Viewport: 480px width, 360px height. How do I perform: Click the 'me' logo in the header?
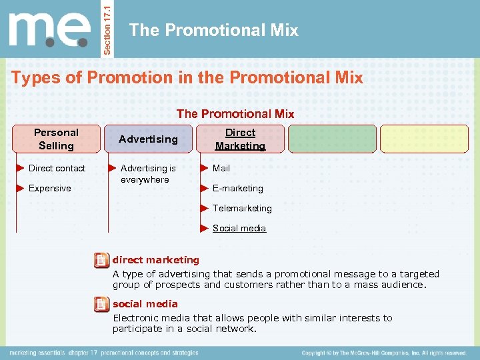click(x=50, y=29)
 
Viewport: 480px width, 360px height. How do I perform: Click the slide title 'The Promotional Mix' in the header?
click(x=213, y=30)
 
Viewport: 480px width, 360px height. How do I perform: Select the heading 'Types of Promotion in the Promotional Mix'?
click(x=187, y=77)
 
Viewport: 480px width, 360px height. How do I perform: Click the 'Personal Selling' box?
click(x=57, y=139)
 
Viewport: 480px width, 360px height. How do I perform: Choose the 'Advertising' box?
click(x=148, y=139)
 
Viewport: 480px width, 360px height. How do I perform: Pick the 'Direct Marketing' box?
click(x=240, y=139)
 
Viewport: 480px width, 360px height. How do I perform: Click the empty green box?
click(x=332, y=139)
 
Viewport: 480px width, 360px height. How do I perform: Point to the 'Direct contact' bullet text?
click(x=57, y=168)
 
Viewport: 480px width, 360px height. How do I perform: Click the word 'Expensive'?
click(x=49, y=188)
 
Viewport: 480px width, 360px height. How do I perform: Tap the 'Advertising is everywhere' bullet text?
click(x=148, y=174)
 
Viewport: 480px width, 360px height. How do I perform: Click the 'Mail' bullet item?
click(x=221, y=168)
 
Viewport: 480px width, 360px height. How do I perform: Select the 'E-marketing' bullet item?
click(x=237, y=188)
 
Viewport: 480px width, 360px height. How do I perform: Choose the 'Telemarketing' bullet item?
click(x=242, y=208)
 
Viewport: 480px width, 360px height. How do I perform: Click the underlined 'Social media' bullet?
click(x=239, y=228)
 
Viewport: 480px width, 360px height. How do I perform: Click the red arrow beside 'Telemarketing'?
click(x=205, y=208)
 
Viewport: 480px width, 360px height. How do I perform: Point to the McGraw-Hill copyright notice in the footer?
click(x=383, y=353)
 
